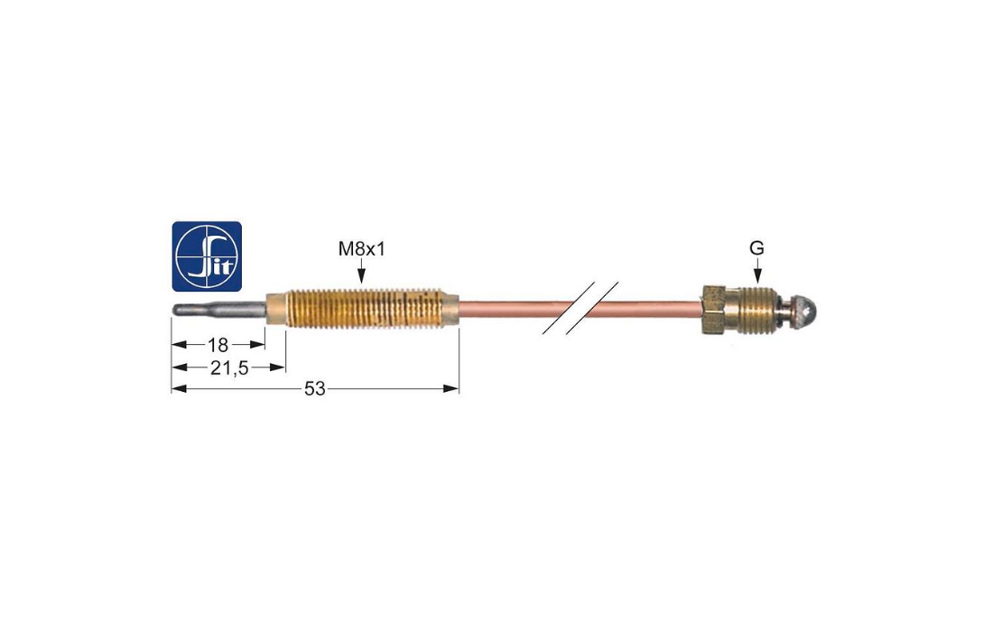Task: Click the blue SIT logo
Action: click(x=207, y=256)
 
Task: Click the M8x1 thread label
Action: click(x=362, y=249)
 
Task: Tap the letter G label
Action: click(x=756, y=248)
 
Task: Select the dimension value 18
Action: click(x=218, y=344)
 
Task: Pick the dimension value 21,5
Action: click(x=229, y=368)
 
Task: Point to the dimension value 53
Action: click(x=315, y=389)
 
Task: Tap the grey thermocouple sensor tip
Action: click(x=218, y=311)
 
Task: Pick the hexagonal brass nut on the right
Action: click(x=713, y=310)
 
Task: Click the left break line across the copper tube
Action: click(x=568, y=307)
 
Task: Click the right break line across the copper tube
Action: click(x=592, y=307)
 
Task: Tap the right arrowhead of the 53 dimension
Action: click(x=451, y=389)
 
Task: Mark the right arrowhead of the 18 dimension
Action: click(x=257, y=344)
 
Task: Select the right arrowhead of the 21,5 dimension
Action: click(x=278, y=367)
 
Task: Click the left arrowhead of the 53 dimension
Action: click(x=180, y=389)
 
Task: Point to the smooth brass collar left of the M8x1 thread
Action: click(x=276, y=309)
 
